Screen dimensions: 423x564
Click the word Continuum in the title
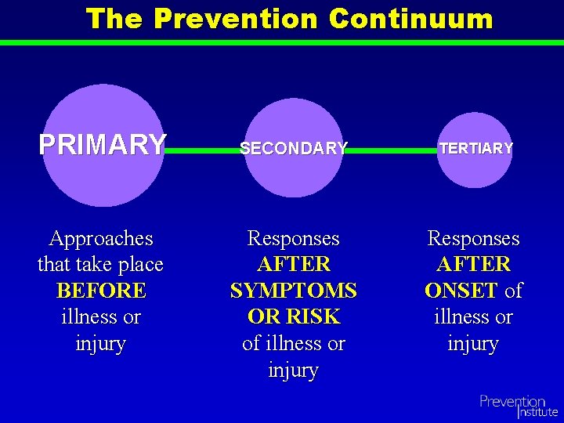point(411,19)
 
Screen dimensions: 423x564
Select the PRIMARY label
point(103,145)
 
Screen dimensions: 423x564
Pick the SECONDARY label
point(294,148)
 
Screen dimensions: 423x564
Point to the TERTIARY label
point(475,148)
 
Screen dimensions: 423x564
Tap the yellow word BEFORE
point(101,291)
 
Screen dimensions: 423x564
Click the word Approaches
point(101,238)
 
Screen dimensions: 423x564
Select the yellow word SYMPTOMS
point(294,291)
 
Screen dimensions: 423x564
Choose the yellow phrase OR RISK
point(294,316)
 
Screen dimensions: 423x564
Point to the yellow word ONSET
point(461,291)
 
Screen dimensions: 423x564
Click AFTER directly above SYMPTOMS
point(294,265)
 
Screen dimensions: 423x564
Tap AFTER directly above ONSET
point(473,265)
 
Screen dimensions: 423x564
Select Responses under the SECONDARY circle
point(294,238)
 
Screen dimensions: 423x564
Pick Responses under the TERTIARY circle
point(473,238)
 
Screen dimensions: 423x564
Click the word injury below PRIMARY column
point(101,343)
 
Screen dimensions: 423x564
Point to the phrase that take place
point(101,265)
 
